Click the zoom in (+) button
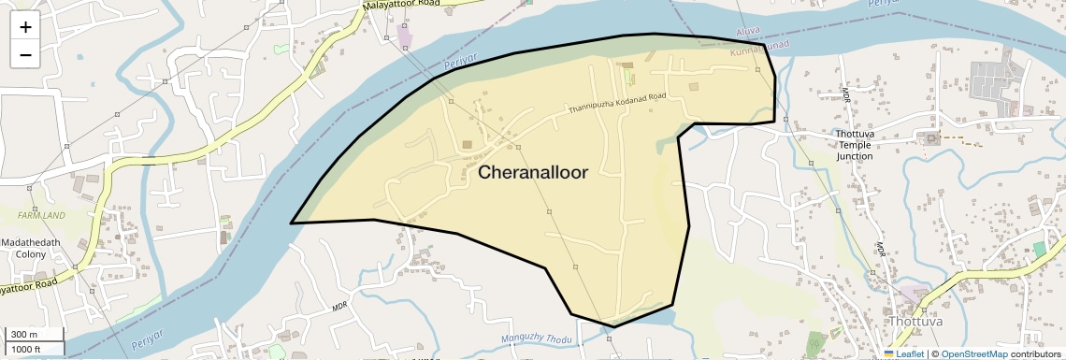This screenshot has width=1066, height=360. coord(25,26)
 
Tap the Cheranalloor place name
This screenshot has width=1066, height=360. coord(533,173)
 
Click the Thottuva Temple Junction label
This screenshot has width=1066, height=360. coord(854,145)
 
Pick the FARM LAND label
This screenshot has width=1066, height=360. coord(41,215)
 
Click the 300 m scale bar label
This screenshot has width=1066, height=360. coord(25,335)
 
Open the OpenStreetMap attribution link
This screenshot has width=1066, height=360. coord(973,353)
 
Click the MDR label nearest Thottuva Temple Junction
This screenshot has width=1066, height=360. coord(844,94)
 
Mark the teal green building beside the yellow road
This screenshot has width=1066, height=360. coord(1040,250)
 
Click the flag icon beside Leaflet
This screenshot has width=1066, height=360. coord(889,353)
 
